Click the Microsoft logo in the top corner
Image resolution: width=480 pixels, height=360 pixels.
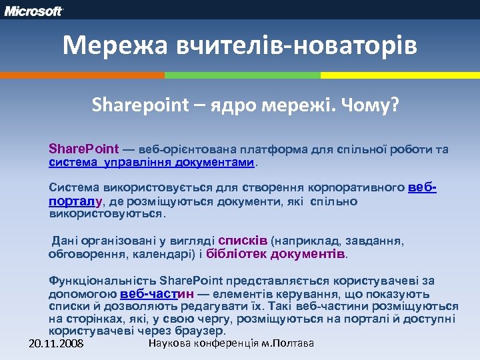tap(34, 11)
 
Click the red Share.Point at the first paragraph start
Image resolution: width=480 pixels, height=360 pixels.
tap(83, 149)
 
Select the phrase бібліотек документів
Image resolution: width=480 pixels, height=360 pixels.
tap(276, 254)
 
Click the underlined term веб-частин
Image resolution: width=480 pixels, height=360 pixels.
tap(157, 293)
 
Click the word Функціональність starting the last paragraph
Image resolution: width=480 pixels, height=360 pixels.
tap(95, 281)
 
